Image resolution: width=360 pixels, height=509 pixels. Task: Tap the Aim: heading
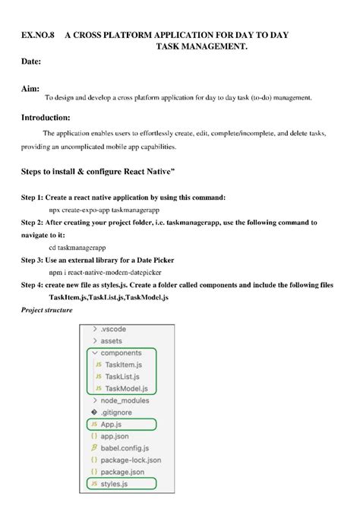coord(30,88)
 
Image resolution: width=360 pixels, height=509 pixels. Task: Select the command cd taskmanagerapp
coord(77,247)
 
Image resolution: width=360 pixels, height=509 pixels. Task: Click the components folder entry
coord(121,353)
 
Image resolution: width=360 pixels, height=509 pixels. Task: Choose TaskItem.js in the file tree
coord(125,365)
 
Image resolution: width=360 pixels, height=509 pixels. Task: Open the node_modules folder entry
coord(126,400)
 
